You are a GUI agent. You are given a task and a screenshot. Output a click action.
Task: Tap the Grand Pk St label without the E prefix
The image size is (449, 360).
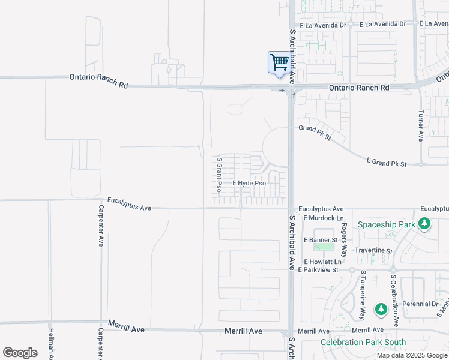315,133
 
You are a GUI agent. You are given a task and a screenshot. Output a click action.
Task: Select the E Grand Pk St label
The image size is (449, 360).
387,163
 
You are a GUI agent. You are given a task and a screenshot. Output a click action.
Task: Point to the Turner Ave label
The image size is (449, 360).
421,125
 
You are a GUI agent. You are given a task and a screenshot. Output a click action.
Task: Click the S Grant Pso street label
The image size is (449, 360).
220,175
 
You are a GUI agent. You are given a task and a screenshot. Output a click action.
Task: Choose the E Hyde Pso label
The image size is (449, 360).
249,183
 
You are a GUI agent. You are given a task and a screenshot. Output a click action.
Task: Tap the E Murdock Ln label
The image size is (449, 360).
324,218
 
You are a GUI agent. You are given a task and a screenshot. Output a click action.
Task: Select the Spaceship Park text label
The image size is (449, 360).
387,224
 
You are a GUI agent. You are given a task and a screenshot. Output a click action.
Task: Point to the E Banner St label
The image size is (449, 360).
321,240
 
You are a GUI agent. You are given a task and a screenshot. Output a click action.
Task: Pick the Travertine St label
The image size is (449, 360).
373,251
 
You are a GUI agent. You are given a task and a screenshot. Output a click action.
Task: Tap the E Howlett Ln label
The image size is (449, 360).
322,262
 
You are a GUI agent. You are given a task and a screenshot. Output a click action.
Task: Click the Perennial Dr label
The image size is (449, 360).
420,304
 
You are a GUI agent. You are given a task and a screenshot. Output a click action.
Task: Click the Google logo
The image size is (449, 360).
20,353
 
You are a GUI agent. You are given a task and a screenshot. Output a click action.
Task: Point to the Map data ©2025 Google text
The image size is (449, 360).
412,355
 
